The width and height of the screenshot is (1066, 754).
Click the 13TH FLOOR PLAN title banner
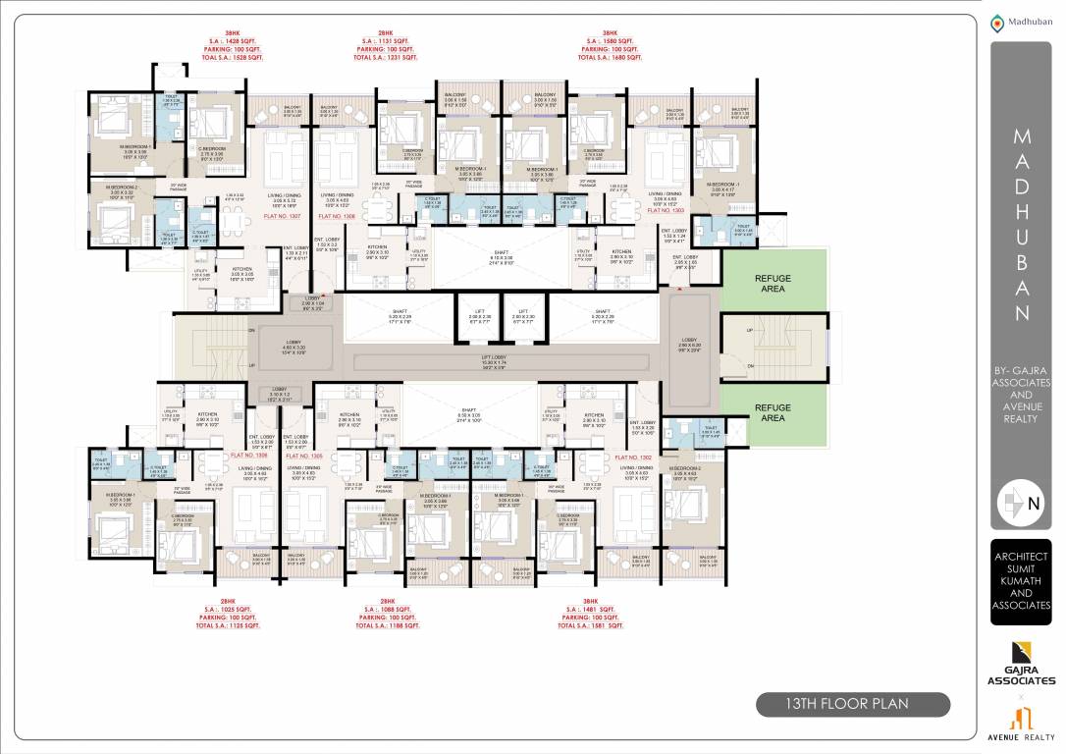point(852,704)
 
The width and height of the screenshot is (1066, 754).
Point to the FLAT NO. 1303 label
point(666,210)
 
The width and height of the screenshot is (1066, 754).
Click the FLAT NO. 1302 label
point(633,457)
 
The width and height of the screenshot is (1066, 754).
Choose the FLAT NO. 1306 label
point(248,457)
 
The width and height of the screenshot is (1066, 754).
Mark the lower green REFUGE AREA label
point(773,412)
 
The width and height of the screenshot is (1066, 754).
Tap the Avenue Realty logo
point(1021,717)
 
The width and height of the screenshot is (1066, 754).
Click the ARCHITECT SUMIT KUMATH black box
point(1021,581)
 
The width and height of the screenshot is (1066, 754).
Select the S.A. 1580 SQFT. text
point(610,40)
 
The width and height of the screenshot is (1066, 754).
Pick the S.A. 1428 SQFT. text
point(232,40)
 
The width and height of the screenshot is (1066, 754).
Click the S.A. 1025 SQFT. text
point(228,609)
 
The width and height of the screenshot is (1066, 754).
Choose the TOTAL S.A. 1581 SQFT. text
point(590,625)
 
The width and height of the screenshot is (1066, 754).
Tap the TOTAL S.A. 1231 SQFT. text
point(385,58)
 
